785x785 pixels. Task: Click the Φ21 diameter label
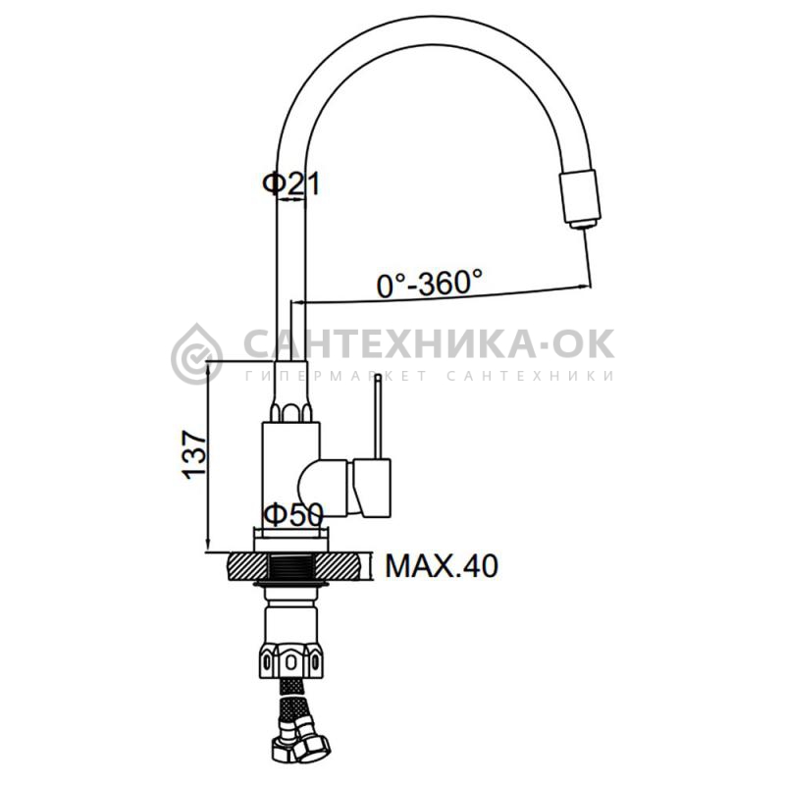(290, 183)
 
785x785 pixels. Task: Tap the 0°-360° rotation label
(430, 283)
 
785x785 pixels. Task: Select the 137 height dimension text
(194, 454)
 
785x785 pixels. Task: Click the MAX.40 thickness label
(442, 566)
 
